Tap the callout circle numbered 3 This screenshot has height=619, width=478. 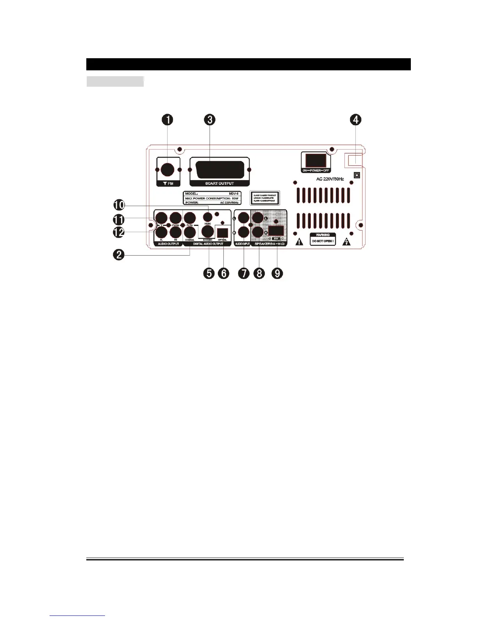pos(210,120)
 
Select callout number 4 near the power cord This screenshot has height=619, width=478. pos(355,120)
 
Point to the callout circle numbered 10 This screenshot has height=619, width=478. pos(119,205)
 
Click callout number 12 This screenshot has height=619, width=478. pos(119,232)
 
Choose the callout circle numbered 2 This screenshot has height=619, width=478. pos(119,255)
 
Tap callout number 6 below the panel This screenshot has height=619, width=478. pos(223,273)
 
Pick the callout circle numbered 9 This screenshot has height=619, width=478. pos(277,273)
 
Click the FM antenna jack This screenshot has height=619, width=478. pos(168,170)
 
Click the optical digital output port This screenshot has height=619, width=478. pos(222,232)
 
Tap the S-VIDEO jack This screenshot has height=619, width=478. pos(208,232)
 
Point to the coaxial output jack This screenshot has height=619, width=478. pos(190,232)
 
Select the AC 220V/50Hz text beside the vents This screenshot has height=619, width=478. pos(330,179)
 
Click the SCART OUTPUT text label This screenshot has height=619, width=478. pos(219,183)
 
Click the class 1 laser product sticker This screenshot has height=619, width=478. pos(265,198)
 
